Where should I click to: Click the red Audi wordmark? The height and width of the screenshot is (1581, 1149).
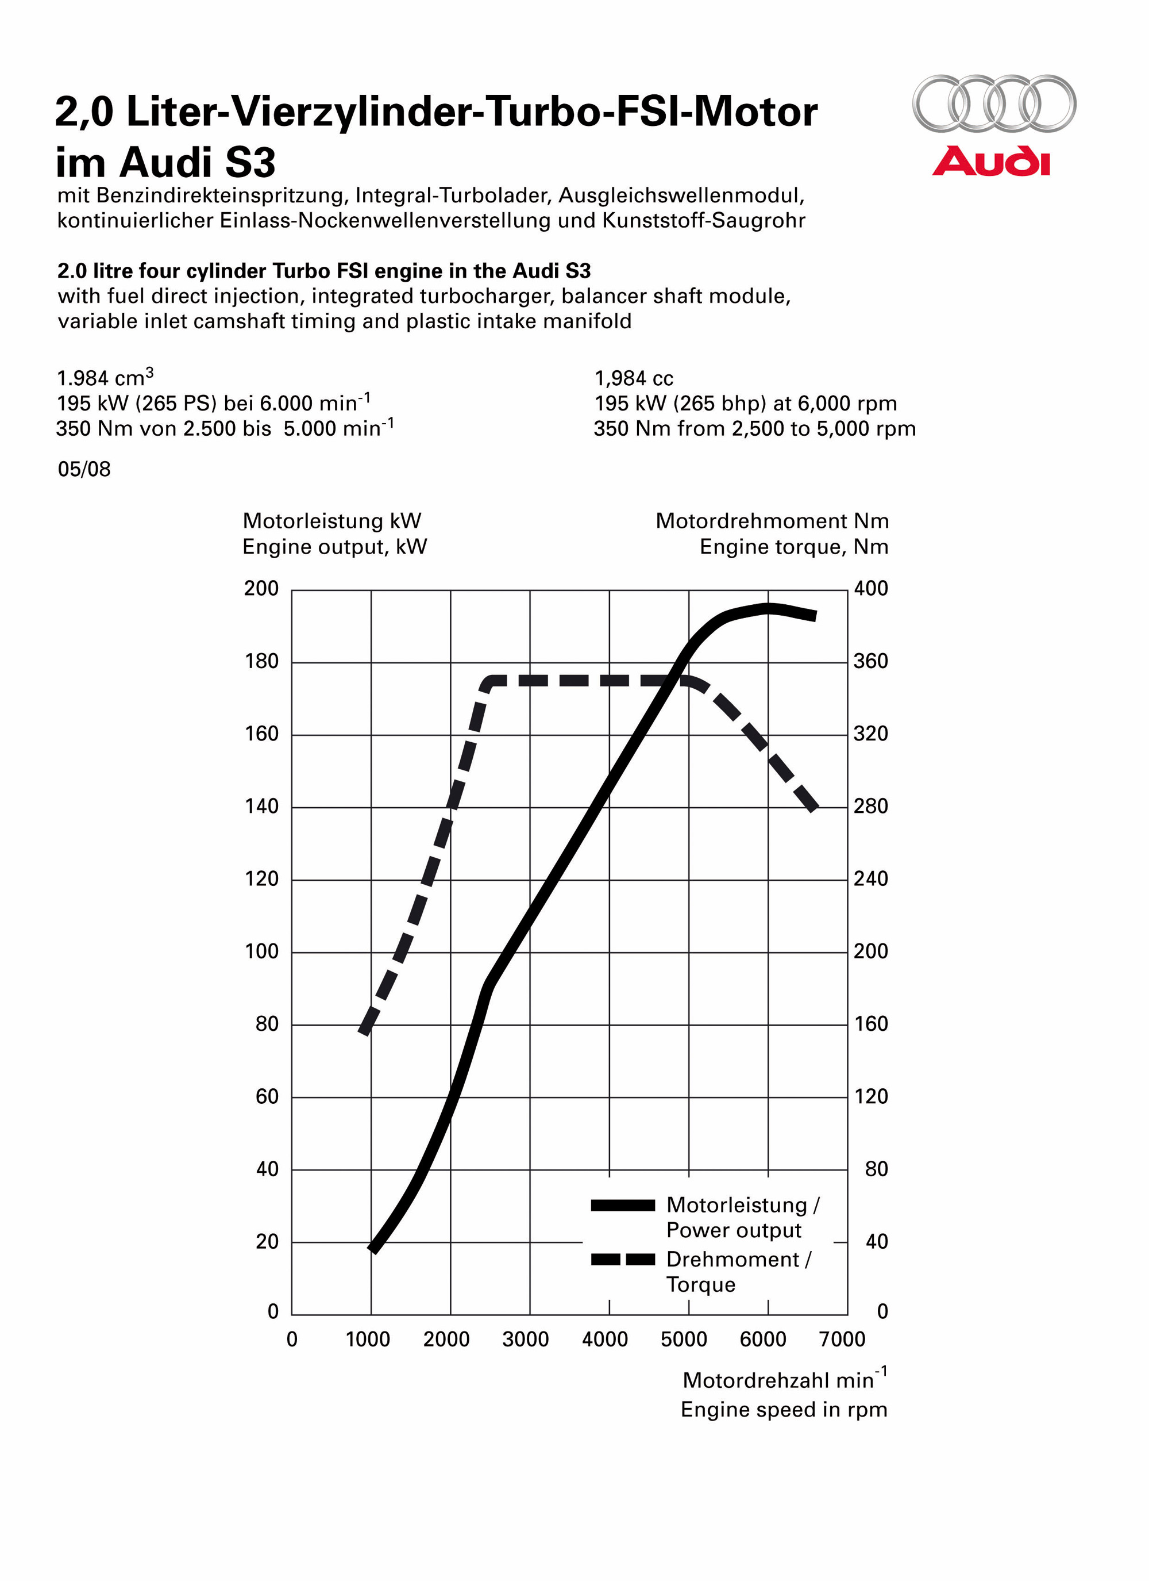pos(991,161)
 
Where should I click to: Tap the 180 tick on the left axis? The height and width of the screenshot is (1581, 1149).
pos(261,662)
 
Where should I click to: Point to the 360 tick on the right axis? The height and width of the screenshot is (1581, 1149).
pos(870,662)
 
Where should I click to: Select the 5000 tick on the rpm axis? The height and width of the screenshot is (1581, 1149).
pos(684,1339)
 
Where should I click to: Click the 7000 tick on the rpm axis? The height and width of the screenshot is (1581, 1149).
pos(842,1339)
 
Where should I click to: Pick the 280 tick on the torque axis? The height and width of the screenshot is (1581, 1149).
pos(870,807)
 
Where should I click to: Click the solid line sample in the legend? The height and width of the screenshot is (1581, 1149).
pos(622,1205)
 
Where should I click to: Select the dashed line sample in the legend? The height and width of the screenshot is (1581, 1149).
pos(622,1260)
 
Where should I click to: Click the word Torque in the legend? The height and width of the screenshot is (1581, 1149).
pos(700,1285)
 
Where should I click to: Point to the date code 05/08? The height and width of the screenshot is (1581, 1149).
pos(84,469)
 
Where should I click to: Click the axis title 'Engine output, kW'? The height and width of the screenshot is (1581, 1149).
pos(334,547)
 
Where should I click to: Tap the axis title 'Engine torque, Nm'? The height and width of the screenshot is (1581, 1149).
pos(793,547)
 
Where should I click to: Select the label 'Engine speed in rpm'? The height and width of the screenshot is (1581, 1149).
pos(784,1410)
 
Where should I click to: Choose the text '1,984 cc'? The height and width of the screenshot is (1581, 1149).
pos(633,378)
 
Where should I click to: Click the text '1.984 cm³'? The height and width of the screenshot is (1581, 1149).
pos(105,378)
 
